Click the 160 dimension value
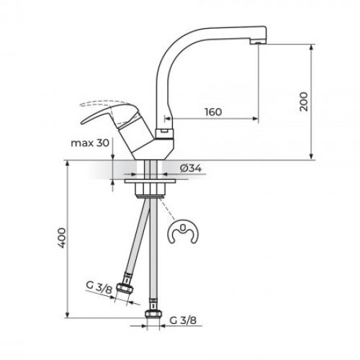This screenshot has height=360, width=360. point(212,112)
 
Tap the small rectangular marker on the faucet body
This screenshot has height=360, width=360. point(164,132)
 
